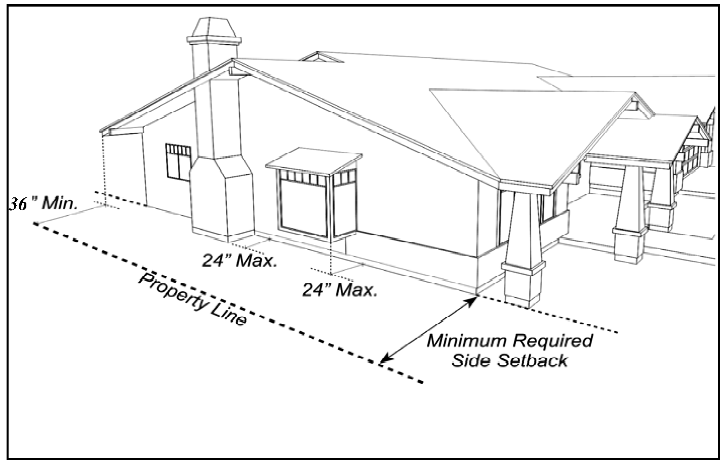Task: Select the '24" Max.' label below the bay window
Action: coord(339,290)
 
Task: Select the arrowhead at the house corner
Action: coord(473,301)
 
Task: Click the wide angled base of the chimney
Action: coord(223,197)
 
